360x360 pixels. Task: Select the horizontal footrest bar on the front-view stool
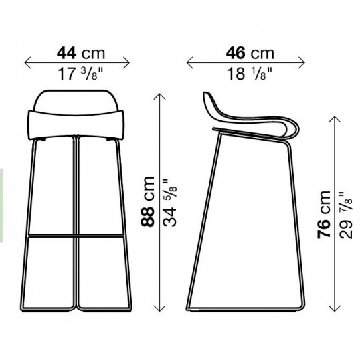point(78,236)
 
